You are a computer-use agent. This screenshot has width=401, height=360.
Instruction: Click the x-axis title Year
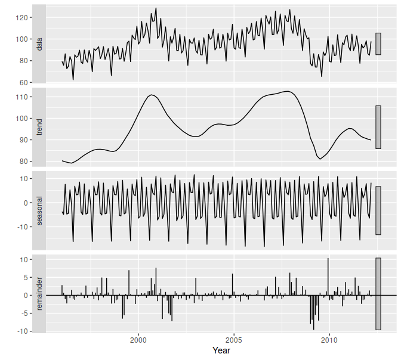[221, 351]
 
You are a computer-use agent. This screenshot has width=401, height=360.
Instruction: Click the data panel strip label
[39, 44]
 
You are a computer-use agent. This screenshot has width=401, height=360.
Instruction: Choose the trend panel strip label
[39, 128]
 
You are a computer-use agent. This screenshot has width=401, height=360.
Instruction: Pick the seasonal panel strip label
[39, 212]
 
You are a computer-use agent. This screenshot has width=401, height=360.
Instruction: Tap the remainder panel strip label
[39, 295]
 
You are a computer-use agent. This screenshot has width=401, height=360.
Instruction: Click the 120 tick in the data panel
[23, 18]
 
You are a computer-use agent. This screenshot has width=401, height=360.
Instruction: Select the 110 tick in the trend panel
[23, 97]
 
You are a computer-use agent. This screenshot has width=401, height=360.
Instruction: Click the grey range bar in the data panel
[378, 44]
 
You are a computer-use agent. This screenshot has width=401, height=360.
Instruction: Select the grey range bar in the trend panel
[378, 127]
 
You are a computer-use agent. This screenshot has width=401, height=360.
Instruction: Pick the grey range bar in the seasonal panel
[378, 210]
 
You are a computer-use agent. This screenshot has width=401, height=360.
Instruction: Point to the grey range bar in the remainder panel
[378, 293]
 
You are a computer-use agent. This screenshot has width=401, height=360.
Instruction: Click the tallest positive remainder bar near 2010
[328, 277]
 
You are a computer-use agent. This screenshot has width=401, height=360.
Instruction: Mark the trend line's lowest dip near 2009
[320, 159]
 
